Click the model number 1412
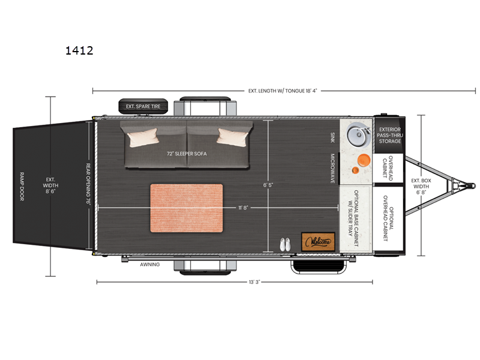[79, 50]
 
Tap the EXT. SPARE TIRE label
[143, 107]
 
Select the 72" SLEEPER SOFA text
[187, 154]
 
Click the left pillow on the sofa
[143, 137]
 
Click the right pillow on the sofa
[233, 137]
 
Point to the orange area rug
[187, 208]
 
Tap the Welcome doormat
[318, 242]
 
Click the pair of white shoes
[285, 245]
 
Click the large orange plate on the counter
[364, 161]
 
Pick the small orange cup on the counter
[355, 170]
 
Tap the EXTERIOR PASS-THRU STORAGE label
[389, 136]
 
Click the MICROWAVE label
[332, 169]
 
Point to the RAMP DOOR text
[22, 187]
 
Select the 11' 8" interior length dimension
[243, 208]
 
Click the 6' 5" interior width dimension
[268, 185]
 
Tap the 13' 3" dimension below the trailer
[254, 282]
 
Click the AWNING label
[150, 265]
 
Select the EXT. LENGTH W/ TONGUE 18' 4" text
[283, 91]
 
